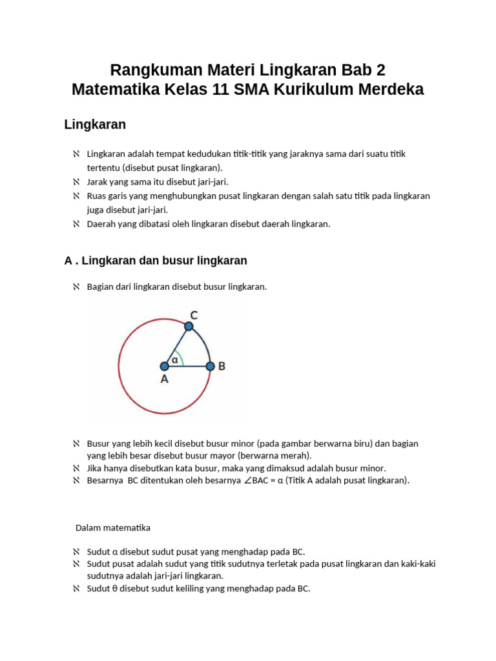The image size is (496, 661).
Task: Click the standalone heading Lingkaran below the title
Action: click(x=95, y=124)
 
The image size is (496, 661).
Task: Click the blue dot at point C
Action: click(x=189, y=327)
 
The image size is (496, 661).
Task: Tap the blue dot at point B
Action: click(x=210, y=366)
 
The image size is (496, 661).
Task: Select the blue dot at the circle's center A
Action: click(x=164, y=366)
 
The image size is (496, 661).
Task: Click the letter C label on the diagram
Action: click(x=194, y=315)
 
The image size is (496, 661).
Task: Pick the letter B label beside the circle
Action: click(x=222, y=366)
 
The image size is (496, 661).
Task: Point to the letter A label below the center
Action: click(x=164, y=380)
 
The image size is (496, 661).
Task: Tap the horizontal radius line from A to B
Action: click(x=187, y=366)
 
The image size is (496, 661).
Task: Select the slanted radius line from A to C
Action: click(x=176, y=347)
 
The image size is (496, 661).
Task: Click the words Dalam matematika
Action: click(x=113, y=527)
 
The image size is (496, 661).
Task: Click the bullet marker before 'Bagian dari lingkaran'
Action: click(x=76, y=287)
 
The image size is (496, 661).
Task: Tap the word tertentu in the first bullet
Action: click(x=103, y=167)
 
